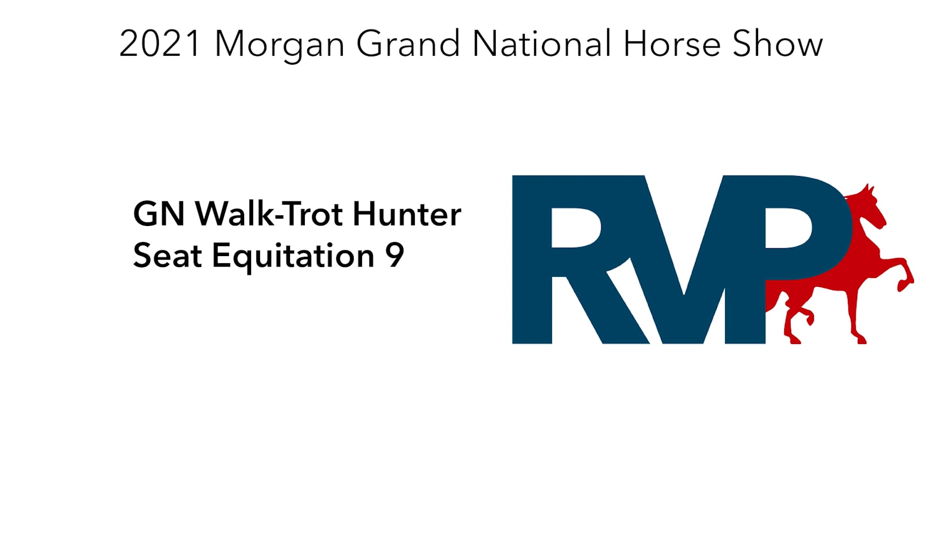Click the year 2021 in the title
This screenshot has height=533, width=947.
point(159,44)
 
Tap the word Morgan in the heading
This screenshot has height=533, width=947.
point(279,45)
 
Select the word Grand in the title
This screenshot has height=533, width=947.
point(408,44)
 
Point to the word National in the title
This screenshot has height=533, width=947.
point(542,44)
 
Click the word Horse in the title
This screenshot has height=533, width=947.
point(672,44)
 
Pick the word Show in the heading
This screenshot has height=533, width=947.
point(777,44)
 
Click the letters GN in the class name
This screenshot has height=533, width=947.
point(159,214)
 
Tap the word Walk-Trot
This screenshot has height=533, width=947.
point(269,214)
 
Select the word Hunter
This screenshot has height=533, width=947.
point(407,214)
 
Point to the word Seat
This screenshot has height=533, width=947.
point(168,256)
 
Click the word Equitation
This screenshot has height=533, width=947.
point(293,257)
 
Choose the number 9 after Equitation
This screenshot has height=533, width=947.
point(395,256)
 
